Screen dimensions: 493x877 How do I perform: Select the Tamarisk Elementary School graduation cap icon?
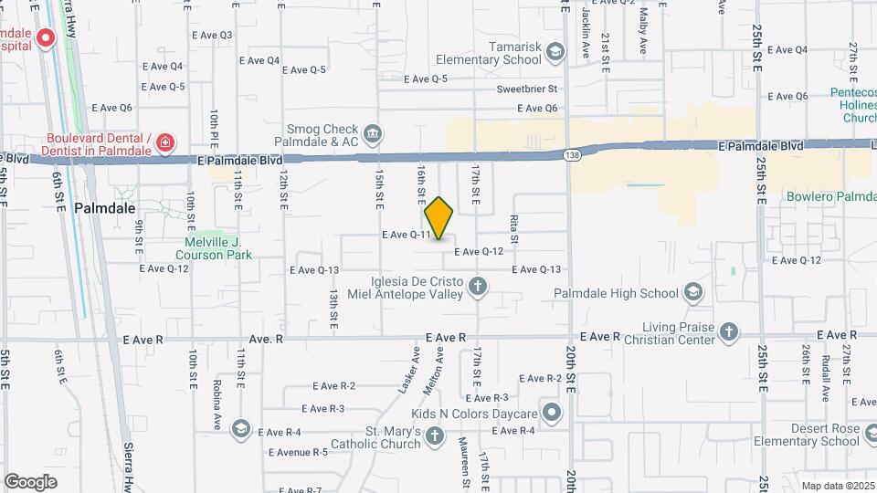555,53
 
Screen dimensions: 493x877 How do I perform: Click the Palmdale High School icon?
692,293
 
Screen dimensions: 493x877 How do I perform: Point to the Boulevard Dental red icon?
164,142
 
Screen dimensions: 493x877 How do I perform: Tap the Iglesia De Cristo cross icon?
477,288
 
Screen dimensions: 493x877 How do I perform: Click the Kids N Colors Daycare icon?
552,413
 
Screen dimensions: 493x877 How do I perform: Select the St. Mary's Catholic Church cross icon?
434,436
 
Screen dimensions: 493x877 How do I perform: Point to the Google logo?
30,481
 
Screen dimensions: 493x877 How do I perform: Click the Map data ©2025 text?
836,486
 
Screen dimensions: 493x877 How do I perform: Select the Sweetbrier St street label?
526,89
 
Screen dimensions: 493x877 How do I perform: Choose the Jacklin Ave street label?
586,35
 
